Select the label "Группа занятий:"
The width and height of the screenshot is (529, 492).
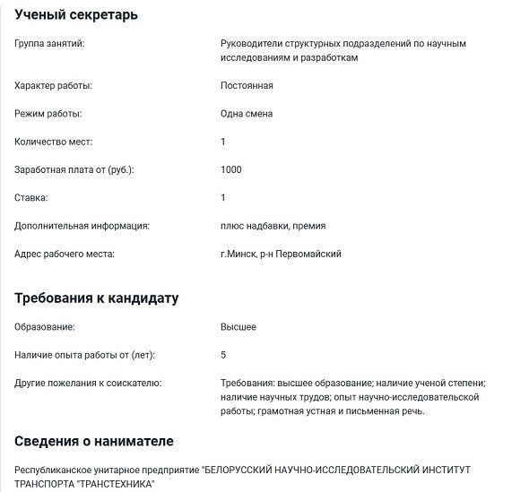point(50,43)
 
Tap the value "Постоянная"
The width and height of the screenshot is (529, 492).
point(247,86)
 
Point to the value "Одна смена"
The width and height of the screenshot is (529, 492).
point(247,114)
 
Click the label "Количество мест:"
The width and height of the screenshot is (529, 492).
point(54,142)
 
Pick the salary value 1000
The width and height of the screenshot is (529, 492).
point(230,169)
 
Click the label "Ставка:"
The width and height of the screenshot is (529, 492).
point(31,197)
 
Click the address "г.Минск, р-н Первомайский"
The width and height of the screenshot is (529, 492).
point(281,254)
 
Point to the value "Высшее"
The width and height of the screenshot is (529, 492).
point(238,327)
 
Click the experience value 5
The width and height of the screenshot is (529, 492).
point(223,355)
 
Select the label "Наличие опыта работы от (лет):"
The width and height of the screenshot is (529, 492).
point(85,355)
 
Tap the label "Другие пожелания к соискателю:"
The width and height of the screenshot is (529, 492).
point(87,383)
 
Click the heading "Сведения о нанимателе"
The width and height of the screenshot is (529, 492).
point(94,441)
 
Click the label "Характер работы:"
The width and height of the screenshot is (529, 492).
point(54,86)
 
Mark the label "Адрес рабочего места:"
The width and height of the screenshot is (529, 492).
point(65,254)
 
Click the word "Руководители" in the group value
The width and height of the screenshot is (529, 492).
point(250,43)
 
